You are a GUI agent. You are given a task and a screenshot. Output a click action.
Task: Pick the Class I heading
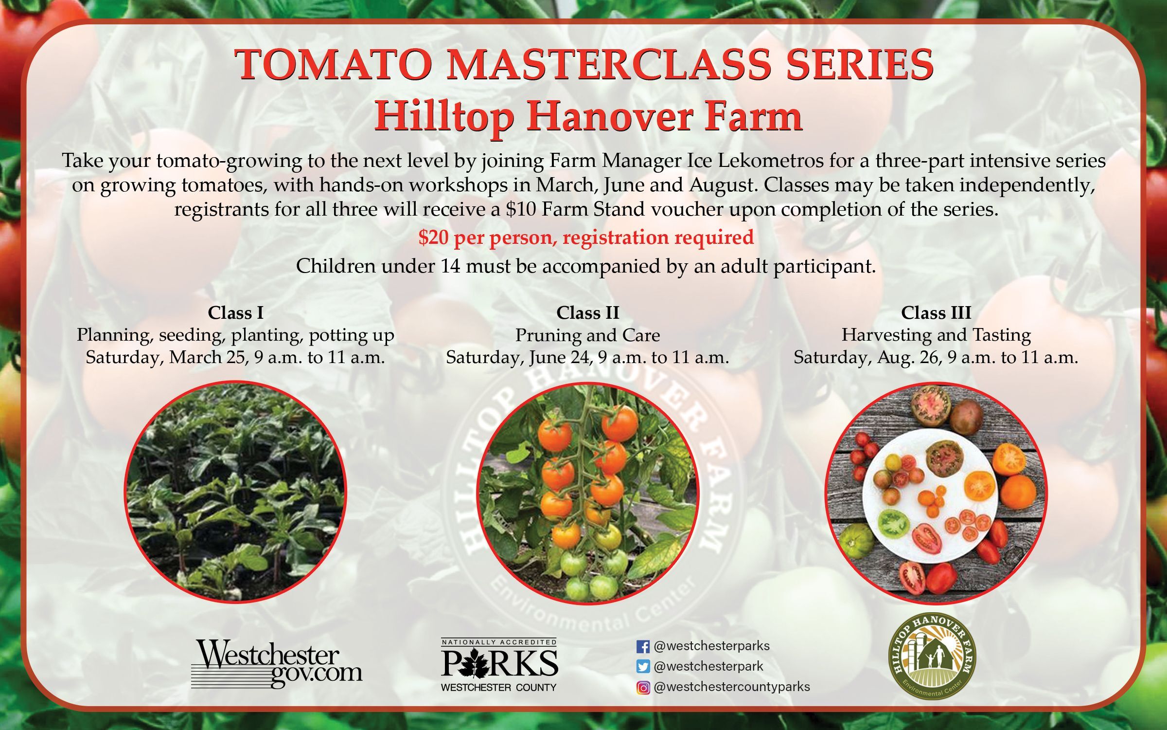pos(236,312)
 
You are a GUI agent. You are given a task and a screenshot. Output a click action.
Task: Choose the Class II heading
pos(588,312)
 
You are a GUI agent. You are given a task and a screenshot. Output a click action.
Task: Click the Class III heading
pos(936,312)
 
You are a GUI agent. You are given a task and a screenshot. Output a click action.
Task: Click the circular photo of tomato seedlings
pos(236,492)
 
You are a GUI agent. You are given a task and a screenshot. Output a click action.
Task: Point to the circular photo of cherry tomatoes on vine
pos(587,493)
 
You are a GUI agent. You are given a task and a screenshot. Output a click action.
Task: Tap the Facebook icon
pos(643,647)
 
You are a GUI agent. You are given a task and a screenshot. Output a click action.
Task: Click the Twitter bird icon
pos(643,667)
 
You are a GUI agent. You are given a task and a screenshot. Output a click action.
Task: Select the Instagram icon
pos(643,688)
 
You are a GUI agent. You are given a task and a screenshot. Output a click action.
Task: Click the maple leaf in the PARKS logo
pos(475,663)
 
